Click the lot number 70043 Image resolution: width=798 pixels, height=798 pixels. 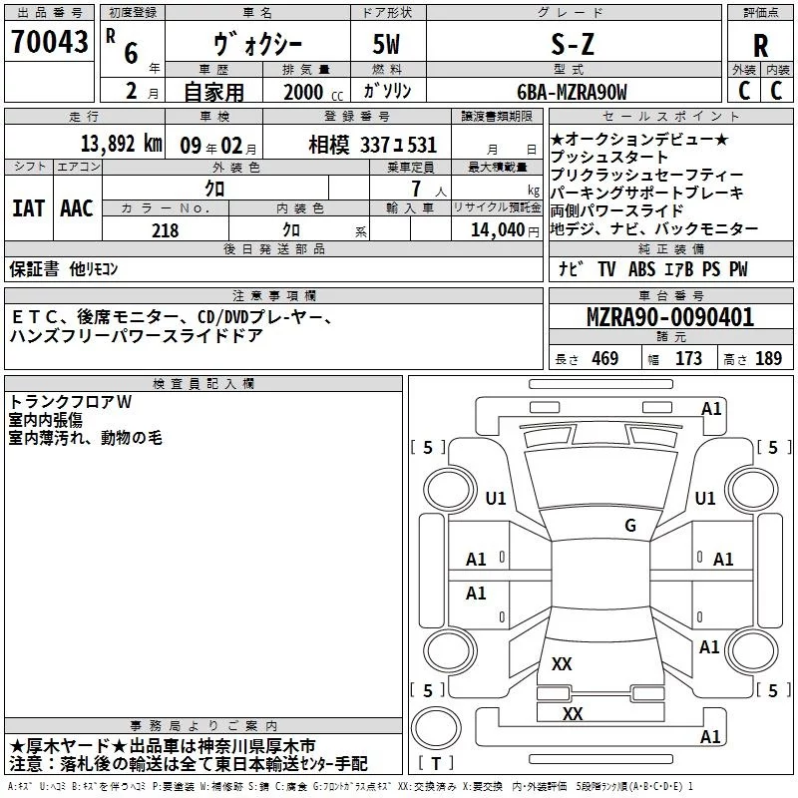click(49, 42)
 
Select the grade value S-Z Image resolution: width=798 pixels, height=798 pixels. click(573, 44)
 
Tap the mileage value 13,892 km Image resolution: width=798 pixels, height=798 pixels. click(122, 144)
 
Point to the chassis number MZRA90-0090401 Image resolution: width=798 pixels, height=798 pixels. click(670, 317)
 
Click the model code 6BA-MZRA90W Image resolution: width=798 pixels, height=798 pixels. click(572, 92)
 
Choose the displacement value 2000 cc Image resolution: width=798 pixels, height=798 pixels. click(313, 92)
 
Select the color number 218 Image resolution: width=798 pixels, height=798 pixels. click(165, 230)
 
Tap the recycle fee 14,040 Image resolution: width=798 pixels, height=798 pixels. click(498, 230)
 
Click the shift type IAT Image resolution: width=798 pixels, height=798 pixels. click(28, 208)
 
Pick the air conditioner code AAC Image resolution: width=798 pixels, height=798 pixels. click(77, 208)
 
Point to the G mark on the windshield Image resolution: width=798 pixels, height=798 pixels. click(630, 525)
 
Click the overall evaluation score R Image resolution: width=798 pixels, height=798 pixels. click(760, 46)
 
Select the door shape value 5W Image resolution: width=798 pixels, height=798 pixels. click(386, 44)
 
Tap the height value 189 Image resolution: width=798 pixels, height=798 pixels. click(768, 358)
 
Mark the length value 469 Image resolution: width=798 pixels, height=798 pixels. click(605, 358)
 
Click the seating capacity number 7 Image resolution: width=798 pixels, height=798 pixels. click(417, 189)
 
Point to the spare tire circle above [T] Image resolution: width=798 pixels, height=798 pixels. click(436, 728)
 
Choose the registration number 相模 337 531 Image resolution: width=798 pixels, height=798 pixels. click(372, 146)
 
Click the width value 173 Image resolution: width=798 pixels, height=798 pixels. click(688, 358)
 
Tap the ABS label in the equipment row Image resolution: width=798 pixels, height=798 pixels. click(641, 269)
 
